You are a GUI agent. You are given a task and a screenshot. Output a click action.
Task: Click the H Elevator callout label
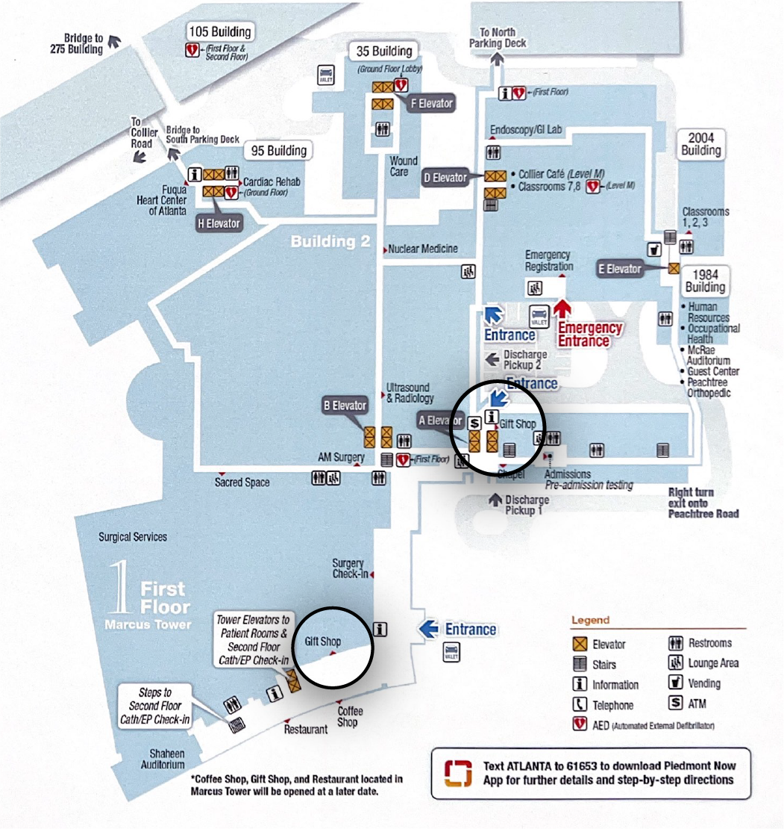219,223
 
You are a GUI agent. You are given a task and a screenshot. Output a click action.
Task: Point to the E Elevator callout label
619,269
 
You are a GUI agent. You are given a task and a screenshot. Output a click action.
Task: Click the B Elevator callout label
345,406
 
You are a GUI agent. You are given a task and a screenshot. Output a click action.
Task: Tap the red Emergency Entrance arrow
562,308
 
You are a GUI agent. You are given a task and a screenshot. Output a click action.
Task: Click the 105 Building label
219,31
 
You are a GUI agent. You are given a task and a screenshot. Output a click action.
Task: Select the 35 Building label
384,52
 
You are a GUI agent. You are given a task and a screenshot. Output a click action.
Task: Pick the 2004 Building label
700,144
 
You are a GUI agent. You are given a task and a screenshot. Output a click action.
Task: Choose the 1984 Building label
705,281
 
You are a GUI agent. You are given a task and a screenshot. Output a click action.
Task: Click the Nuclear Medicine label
422,249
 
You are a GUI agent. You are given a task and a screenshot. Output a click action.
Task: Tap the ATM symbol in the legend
676,704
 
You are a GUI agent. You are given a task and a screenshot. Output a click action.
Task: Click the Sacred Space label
242,482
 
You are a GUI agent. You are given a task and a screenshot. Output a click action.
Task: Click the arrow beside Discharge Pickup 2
492,359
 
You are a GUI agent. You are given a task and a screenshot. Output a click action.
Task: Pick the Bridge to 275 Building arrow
115,42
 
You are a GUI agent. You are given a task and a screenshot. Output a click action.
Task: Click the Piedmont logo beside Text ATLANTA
458,773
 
